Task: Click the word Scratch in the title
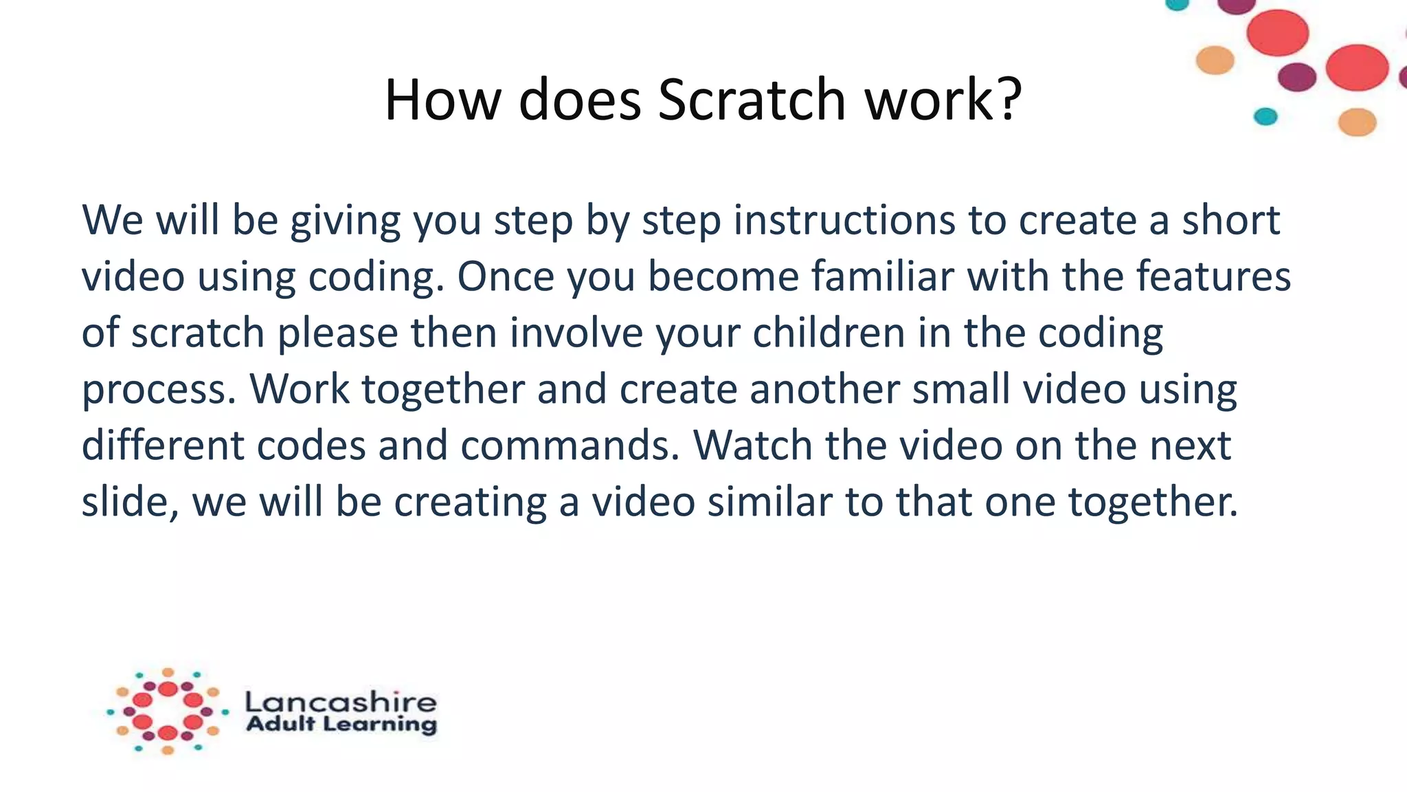coord(752,100)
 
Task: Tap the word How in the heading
coord(442,100)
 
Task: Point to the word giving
coord(345,221)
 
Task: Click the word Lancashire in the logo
coord(341,702)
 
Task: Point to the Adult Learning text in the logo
coord(341,724)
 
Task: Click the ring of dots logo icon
coord(168,712)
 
